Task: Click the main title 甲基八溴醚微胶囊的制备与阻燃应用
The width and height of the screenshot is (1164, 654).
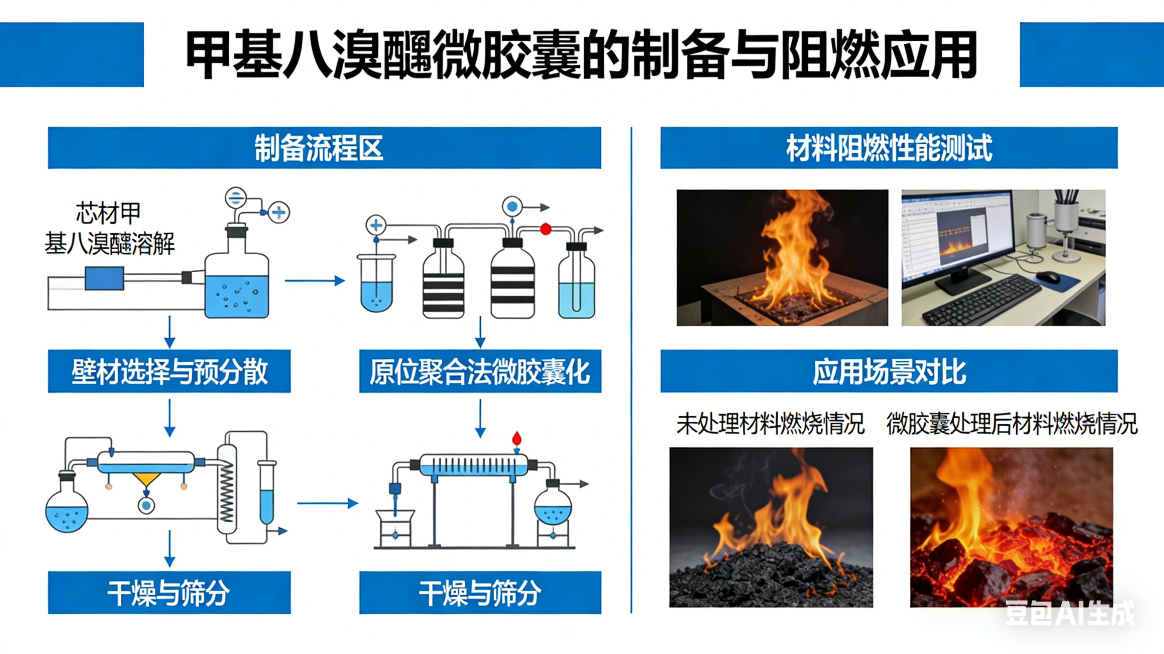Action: [x=582, y=55]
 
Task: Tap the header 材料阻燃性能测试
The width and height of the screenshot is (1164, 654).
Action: [x=889, y=148]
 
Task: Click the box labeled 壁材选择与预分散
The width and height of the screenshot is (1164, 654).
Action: [x=169, y=371]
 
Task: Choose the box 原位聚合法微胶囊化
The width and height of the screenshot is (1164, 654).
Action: [x=480, y=371]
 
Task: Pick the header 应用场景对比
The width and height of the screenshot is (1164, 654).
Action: [x=889, y=371]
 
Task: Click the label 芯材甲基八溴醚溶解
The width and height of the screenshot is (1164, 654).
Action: [x=109, y=228]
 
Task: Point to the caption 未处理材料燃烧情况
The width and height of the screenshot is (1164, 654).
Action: [x=770, y=424]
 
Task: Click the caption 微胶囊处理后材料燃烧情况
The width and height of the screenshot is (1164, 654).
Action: [x=1011, y=424]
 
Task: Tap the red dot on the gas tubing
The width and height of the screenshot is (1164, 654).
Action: [x=545, y=229]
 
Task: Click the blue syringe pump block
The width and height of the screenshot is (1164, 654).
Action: [x=104, y=278]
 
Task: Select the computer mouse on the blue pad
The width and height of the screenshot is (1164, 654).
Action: [x=1048, y=277]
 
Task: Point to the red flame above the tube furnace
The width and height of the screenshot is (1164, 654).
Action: [x=516, y=438]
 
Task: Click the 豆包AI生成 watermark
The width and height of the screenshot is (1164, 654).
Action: [x=1069, y=614]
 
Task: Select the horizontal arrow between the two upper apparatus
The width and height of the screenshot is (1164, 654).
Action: [x=315, y=281]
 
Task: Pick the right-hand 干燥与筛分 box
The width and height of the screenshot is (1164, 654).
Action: [x=480, y=593]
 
